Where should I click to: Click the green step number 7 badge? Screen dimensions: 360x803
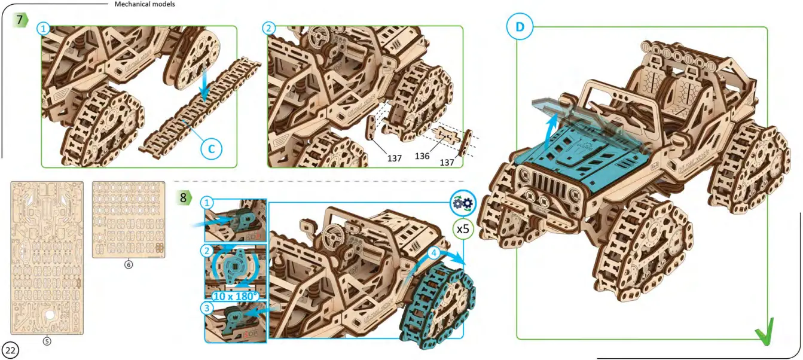point(21,20)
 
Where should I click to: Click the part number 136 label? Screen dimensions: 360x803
point(423,155)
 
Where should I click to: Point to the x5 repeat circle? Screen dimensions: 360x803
point(462,228)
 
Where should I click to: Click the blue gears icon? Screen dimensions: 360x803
point(462,203)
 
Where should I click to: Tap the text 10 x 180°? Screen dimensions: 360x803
point(235,295)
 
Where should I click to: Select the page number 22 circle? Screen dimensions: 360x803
point(11,349)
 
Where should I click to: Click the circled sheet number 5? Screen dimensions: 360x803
point(47,341)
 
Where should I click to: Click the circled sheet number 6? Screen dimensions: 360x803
point(128,264)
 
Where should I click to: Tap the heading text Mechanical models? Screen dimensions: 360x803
point(145,4)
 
